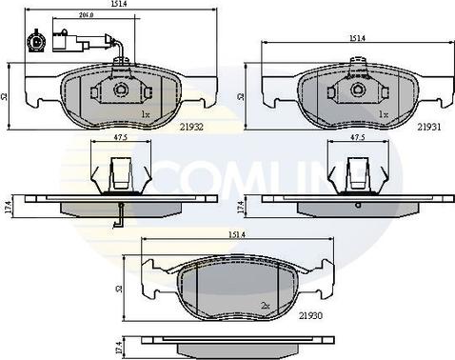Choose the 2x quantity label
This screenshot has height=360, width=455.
pos(266,305)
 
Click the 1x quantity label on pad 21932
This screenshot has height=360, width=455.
pos(145,114)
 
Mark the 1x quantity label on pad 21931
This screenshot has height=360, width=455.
pos(382,114)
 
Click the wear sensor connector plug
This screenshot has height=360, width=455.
pos(33,41)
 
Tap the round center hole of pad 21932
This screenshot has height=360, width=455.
pos(121,90)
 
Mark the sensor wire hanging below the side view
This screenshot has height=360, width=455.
pos(119,217)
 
